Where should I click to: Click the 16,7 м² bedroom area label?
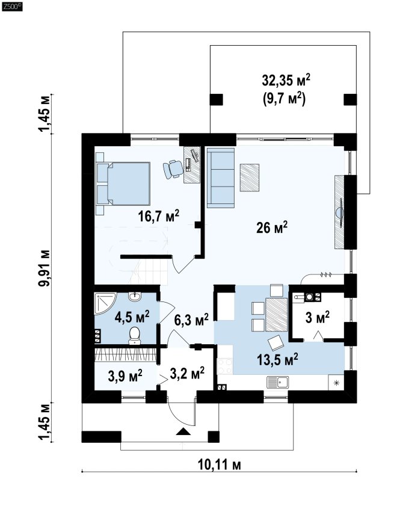pos(158,215)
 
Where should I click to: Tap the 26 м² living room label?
pos(272,227)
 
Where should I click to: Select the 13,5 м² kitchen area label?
pos(277,359)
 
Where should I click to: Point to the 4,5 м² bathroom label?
pos(132,316)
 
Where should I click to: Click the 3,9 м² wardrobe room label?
pos(125,375)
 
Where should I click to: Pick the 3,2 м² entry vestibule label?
pos(187,373)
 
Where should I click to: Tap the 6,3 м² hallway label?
pos(191,319)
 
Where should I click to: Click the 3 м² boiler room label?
pos(318,317)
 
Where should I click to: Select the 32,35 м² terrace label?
pos(286,79)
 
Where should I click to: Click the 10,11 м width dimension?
pos(220,464)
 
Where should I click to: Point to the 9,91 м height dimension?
pos(44,268)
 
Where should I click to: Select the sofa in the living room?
pos(220,178)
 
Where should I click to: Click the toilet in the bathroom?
pos(134,336)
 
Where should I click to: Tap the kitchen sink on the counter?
pos(277,382)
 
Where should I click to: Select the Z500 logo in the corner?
pos(12,6)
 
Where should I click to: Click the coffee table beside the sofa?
pos(250,177)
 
